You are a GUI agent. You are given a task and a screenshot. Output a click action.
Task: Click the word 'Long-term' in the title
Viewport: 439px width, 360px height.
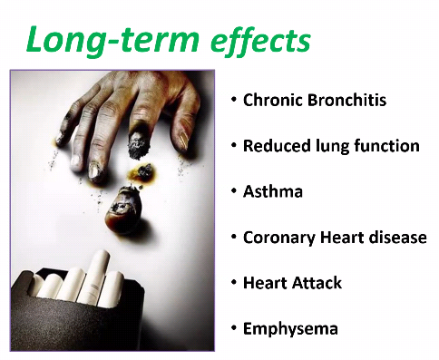coord(112,41)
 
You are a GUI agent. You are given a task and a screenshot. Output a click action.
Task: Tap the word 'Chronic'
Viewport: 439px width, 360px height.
coord(273,100)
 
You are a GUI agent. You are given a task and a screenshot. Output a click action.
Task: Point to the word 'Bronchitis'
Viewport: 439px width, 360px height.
coord(346,100)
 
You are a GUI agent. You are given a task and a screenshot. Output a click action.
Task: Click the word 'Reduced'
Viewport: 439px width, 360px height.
coord(277,146)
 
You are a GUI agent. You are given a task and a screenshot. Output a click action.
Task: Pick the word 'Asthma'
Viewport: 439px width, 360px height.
coord(273,191)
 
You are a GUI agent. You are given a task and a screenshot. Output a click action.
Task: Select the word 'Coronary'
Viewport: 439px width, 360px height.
coord(279,238)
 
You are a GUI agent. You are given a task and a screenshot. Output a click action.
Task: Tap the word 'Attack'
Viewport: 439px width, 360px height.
coord(317,283)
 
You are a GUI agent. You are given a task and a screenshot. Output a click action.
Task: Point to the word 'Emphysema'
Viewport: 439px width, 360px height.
coord(290,329)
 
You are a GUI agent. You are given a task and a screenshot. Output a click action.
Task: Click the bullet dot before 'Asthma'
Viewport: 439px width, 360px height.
coord(233,191)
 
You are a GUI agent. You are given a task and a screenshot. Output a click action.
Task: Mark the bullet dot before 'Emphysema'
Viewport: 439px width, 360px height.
coord(233,328)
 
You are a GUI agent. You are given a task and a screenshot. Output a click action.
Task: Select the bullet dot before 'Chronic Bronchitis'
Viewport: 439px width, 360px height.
coord(233,100)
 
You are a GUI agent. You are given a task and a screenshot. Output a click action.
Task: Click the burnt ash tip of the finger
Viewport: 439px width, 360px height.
coord(139,146)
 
